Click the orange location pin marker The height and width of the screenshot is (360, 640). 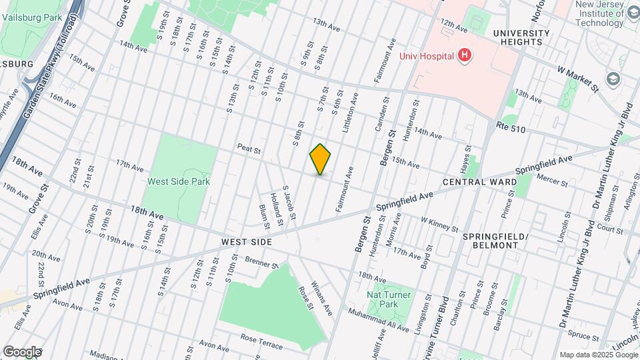pyautogui.click(x=320, y=159)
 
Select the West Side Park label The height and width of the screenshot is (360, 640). pyautogui.click(x=179, y=181)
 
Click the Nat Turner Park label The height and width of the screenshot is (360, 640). pyautogui.click(x=389, y=299)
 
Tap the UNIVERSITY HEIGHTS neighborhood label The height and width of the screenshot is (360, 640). pyautogui.click(x=521, y=37)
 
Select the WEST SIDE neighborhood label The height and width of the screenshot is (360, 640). pyautogui.click(x=247, y=242)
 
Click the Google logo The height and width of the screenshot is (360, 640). pyautogui.click(x=22, y=351)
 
